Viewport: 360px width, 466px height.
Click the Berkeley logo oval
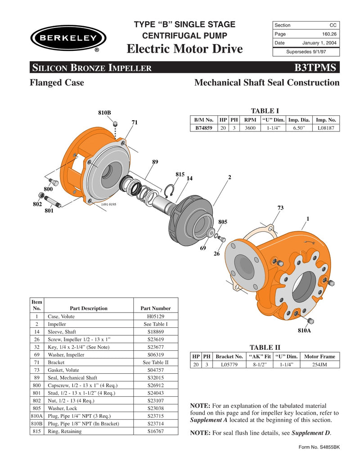click(68, 37)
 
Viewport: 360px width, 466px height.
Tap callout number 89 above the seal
click(155, 161)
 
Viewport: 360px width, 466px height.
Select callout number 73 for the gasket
click(280, 208)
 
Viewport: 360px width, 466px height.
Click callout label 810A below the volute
click(304, 330)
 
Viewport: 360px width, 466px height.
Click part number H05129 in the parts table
click(155, 317)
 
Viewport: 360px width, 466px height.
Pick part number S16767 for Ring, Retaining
click(155, 431)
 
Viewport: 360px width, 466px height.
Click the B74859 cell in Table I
click(203, 128)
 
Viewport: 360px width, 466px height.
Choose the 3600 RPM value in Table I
click(250, 128)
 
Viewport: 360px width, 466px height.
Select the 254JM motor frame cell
click(319, 364)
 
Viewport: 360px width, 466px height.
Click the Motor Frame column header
click(319, 356)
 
